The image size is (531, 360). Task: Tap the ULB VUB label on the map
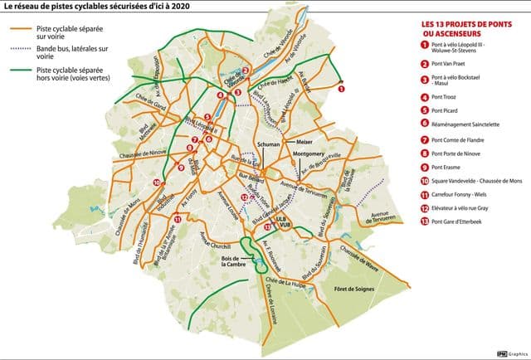click(286, 223)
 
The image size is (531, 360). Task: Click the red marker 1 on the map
click(341, 87)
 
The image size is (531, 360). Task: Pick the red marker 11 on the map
click(177, 219)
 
